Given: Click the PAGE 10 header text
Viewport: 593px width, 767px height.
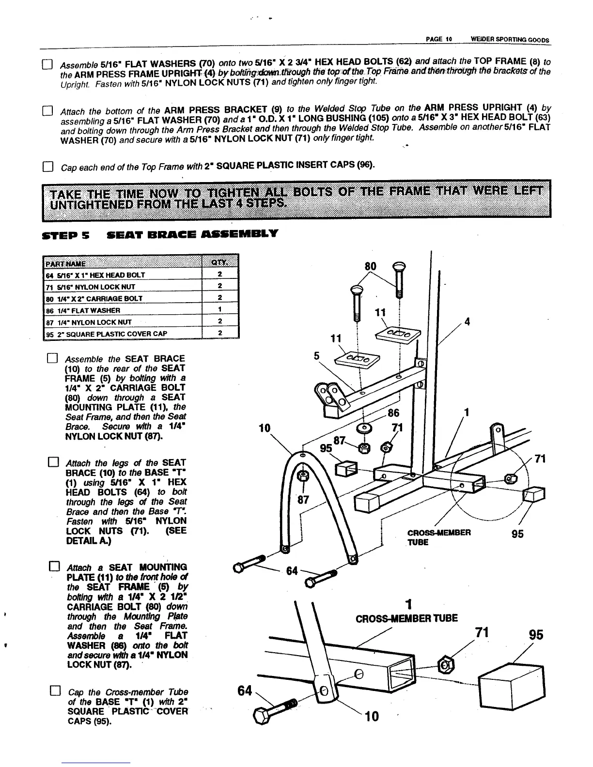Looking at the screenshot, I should (438, 40).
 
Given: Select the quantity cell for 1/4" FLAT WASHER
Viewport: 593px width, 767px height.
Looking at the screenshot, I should (220, 310).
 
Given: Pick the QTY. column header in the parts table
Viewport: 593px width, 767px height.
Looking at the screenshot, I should (219, 262).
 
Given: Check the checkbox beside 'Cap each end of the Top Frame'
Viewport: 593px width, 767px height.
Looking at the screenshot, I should (47, 168).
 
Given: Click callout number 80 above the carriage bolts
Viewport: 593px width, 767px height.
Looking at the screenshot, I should (370, 266).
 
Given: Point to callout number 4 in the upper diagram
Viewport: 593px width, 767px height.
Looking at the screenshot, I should (467, 322).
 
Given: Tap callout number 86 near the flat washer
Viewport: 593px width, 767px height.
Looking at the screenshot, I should (394, 413).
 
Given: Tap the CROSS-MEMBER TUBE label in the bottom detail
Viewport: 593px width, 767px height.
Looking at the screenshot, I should (407, 618).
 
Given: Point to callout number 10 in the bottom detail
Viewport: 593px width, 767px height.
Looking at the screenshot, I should (372, 716).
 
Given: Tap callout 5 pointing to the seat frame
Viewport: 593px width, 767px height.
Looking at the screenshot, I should (317, 356).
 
